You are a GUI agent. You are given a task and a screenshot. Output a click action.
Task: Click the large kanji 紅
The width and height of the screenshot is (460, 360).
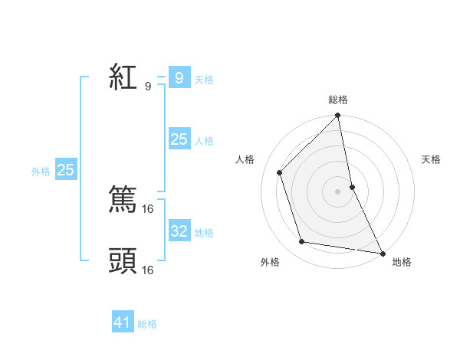click(123, 78)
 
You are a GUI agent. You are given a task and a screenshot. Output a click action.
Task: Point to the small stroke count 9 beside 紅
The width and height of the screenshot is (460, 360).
click(147, 87)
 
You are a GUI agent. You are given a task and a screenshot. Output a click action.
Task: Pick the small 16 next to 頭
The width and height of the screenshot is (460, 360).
click(148, 270)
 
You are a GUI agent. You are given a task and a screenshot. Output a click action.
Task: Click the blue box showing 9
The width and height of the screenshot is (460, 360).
click(179, 78)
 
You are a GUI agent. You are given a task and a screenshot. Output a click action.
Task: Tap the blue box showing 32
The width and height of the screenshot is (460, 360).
click(179, 231)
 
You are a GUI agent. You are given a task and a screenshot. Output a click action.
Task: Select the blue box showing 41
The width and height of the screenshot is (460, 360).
click(123, 322)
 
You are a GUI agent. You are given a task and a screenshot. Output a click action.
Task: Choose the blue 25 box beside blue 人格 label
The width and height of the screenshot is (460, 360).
click(179, 139)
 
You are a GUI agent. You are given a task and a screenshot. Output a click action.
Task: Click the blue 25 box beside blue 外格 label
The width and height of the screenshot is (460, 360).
click(66, 170)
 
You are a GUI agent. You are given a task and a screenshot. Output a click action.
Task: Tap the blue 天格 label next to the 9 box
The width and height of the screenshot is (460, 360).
click(204, 80)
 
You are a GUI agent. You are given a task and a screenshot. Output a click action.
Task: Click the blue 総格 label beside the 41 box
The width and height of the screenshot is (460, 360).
click(147, 324)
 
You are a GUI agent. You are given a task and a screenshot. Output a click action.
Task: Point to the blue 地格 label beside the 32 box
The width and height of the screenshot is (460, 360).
click(204, 233)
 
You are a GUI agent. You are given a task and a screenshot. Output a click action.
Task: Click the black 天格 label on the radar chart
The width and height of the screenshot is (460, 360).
click(431, 159)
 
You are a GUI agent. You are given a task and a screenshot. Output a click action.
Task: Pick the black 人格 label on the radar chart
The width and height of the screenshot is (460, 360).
click(245, 159)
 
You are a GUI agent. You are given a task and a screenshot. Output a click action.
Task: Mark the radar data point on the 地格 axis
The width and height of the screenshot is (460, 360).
click(382, 253)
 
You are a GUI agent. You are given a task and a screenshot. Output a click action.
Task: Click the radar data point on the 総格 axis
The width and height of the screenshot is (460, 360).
click(338, 116)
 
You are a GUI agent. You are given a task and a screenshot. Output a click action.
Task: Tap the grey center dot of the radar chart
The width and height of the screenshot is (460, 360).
click(338, 191)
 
